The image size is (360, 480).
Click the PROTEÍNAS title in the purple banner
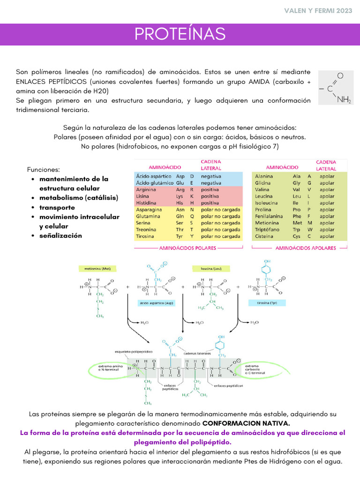coord(180,34)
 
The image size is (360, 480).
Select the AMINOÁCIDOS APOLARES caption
coord(305,248)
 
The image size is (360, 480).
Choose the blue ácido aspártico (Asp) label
coord(155,303)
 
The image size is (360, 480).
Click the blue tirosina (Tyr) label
coord(267,303)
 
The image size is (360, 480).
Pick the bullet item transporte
coord(57,207)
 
